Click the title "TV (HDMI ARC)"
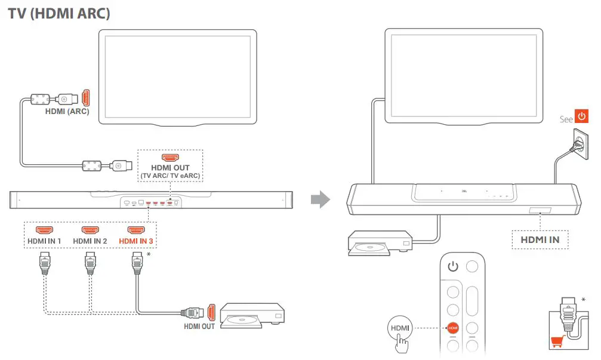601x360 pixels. (59, 14)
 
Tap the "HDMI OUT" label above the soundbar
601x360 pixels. (170, 168)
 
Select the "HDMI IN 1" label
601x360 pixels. (44, 241)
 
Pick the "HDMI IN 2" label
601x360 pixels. (90, 241)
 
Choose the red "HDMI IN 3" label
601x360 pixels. (137, 241)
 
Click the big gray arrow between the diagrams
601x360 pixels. (321, 199)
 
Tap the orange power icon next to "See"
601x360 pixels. (581, 116)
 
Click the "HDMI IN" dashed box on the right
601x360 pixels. (540, 239)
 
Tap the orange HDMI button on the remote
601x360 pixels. (453, 328)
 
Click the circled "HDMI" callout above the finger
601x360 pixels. (400, 328)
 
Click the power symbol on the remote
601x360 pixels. (453, 266)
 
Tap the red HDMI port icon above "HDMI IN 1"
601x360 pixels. (44, 230)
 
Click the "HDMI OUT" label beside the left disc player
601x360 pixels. (199, 326)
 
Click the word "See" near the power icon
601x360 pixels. (566, 119)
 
